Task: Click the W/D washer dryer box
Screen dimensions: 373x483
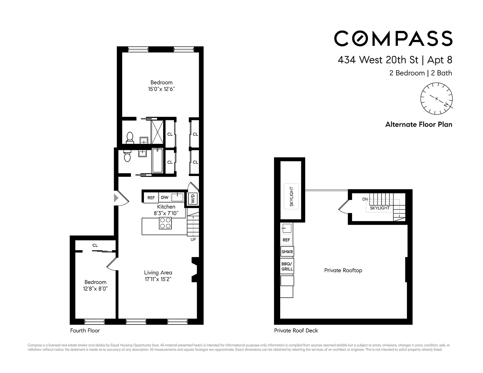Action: pyautogui.click(x=193, y=198)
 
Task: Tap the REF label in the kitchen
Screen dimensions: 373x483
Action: pyautogui.click(x=151, y=198)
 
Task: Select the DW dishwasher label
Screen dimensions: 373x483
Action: pyautogui.click(x=165, y=198)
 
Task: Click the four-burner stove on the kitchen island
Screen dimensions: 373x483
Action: pyautogui.click(x=165, y=223)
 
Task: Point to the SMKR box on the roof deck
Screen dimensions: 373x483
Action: pyautogui.click(x=287, y=251)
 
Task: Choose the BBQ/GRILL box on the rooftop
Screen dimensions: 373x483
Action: pyautogui.click(x=287, y=266)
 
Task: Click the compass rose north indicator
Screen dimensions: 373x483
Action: pyautogui.click(x=446, y=104)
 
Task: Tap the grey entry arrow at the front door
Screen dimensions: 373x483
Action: pyautogui.click(x=116, y=198)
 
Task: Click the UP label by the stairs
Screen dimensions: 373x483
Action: pyautogui.click(x=193, y=239)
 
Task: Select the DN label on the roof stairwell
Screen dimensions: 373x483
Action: pyautogui.click(x=365, y=199)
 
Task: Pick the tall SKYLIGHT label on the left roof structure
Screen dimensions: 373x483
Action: pyautogui.click(x=291, y=196)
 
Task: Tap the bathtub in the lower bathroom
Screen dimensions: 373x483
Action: pyautogui.click(x=157, y=160)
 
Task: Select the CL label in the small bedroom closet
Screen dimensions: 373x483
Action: pyautogui.click(x=95, y=245)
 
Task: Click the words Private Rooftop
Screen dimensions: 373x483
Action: pyautogui.click(x=343, y=270)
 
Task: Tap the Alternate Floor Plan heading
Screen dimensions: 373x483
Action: pyautogui.click(x=418, y=125)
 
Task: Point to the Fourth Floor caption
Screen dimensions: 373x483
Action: pyautogui.click(x=85, y=330)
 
